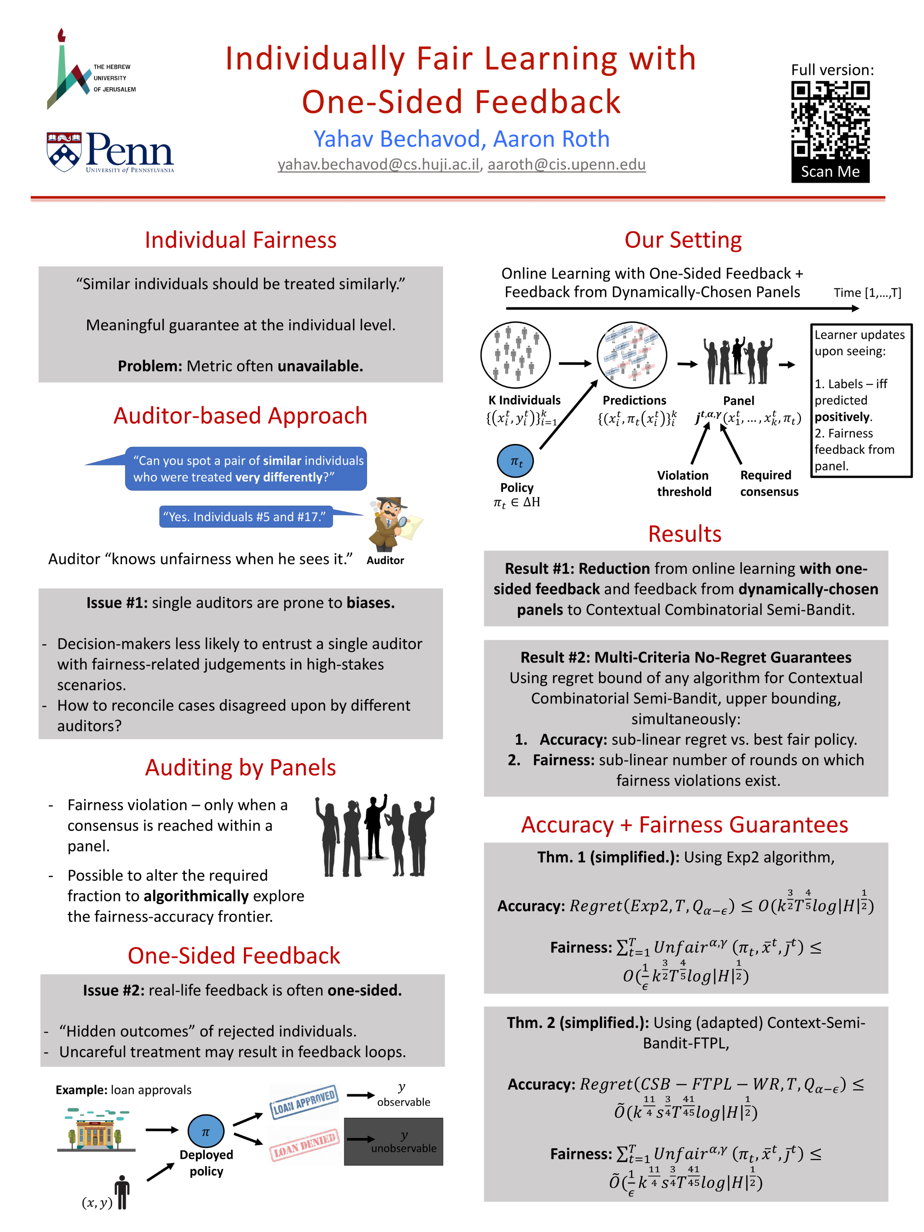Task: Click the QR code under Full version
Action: (830, 121)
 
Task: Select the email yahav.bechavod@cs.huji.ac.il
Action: (378, 164)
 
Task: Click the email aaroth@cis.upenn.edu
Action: (566, 164)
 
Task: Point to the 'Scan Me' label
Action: (830, 172)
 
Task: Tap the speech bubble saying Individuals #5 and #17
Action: (246, 517)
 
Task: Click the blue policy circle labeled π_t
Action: (515, 461)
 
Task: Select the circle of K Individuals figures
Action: (515, 355)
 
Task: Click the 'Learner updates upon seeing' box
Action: (861, 400)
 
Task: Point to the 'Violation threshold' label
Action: (684, 483)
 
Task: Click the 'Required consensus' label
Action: (769, 483)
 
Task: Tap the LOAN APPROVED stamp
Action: (304, 1102)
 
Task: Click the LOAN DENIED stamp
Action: (304, 1145)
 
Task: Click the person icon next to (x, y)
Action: (122, 1192)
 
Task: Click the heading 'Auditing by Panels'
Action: (240, 767)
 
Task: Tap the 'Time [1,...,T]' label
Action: (867, 293)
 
